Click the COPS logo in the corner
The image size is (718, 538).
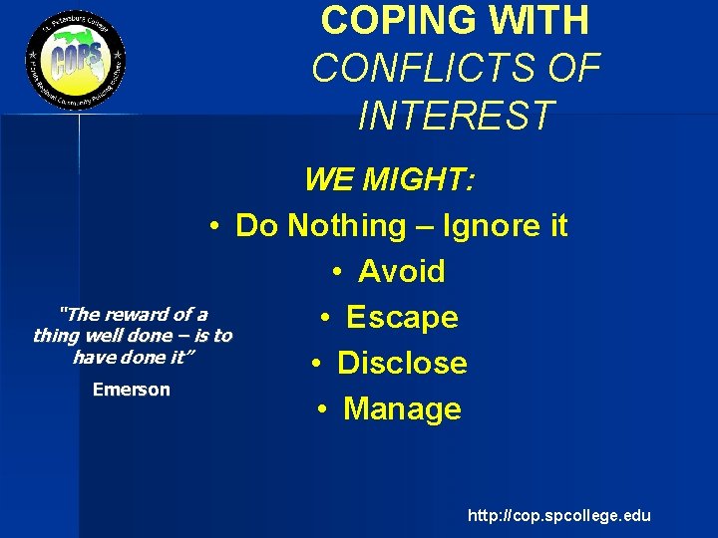click(76, 62)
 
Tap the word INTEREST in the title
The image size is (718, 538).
click(455, 115)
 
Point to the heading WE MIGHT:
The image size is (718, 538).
click(390, 180)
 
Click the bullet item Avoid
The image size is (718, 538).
click(401, 271)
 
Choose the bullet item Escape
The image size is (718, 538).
click(402, 317)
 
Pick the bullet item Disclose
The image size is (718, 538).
click(402, 363)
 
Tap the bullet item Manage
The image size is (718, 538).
click(402, 408)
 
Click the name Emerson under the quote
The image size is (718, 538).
click(132, 390)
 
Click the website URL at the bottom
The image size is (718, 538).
click(558, 515)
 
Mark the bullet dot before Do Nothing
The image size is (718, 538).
click(214, 226)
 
